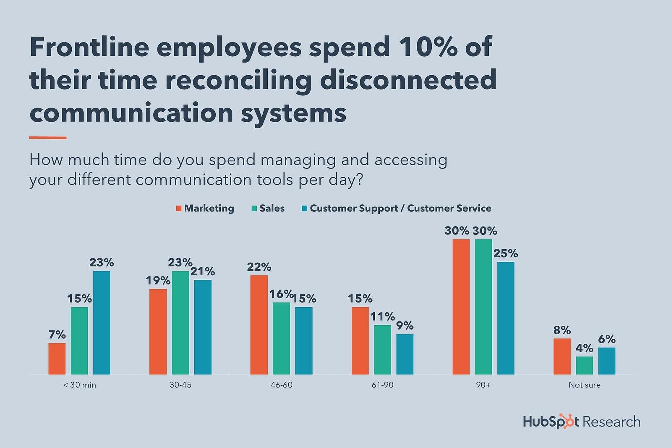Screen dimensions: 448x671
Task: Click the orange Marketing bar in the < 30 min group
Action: click(57, 358)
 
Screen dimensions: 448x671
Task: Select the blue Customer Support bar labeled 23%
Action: click(102, 322)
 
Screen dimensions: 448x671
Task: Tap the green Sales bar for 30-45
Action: click(180, 322)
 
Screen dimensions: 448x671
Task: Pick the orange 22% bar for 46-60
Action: click(259, 324)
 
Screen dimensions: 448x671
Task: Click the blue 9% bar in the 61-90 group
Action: click(405, 354)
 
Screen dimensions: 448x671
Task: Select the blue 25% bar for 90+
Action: click(506, 318)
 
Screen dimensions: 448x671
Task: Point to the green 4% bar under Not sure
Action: click(584, 365)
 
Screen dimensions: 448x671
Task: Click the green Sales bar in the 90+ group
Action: click(483, 306)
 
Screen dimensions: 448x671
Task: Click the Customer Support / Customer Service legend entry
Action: click(396, 208)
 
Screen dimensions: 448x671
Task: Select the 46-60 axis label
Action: click(281, 385)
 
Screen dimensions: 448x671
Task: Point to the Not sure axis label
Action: click(584, 385)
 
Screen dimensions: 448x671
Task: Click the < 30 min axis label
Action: click(79, 385)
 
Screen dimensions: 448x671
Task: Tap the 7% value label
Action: click(57, 335)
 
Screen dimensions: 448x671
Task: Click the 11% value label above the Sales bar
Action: click(382, 316)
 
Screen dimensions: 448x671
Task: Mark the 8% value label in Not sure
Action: click(562, 330)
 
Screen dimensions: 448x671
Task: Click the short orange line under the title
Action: click(48, 137)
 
